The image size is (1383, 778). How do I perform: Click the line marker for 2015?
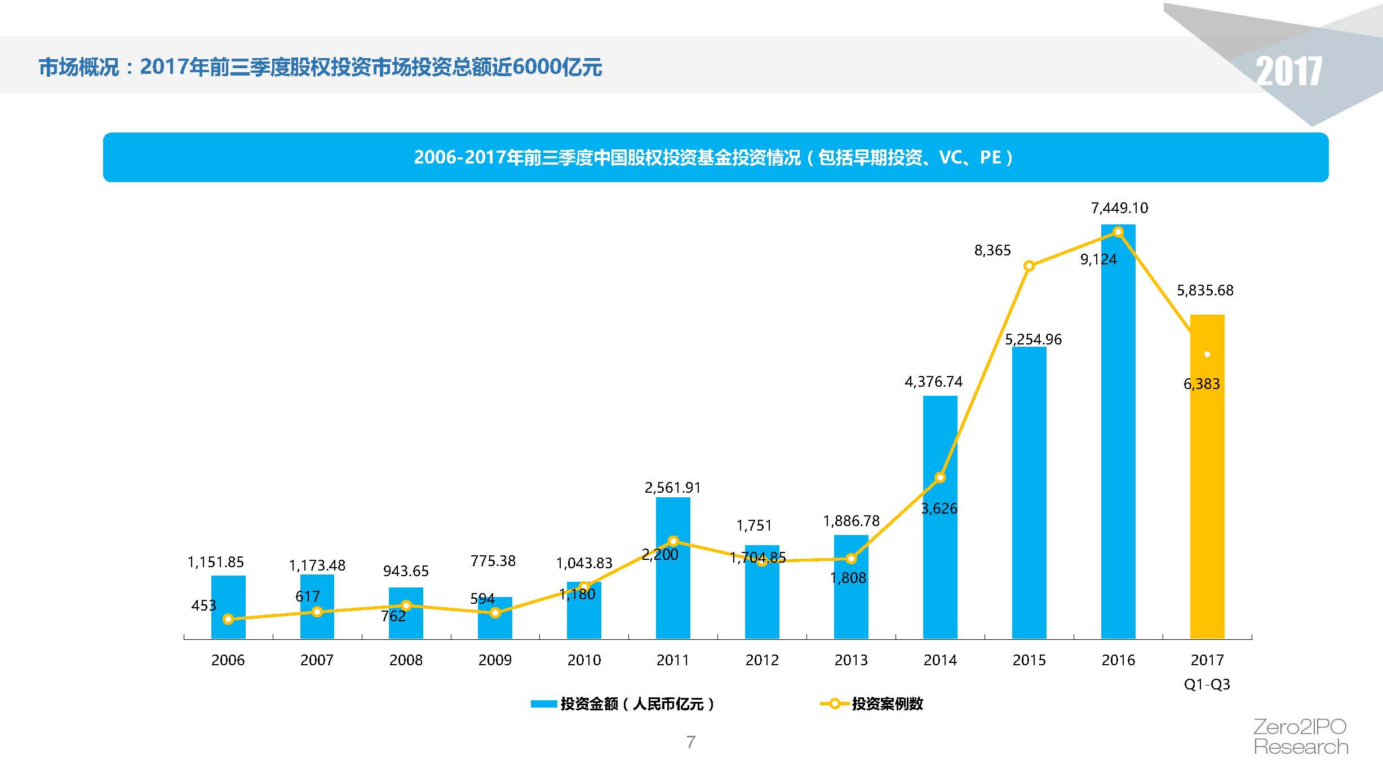(x=1029, y=266)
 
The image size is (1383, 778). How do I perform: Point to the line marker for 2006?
(x=228, y=619)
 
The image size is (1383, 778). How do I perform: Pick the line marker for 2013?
(x=851, y=559)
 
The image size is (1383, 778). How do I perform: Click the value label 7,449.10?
(x=1119, y=208)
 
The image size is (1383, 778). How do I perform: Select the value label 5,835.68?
(x=1205, y=290)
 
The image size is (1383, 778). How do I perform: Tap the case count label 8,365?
(x=992, y=250)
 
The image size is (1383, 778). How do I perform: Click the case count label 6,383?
(x=1202, y=384)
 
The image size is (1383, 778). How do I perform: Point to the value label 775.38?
(x=493, y=561)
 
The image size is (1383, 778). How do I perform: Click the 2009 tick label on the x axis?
(x=495, y=660)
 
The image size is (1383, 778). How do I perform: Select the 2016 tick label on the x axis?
(x=1118, y=660)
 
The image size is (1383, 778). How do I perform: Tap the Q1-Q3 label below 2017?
(x=1207, y=684)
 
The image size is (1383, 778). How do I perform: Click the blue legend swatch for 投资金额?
(x=544, y=704)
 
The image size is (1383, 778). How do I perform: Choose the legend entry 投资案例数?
(x=887, y=704)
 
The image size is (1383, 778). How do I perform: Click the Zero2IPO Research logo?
(x=1301, y=737)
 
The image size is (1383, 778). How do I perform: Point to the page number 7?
(x=691, y=742)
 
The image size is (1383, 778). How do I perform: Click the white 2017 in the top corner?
(x=1288, y=72)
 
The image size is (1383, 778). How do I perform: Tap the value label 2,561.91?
(x=673, y=488)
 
